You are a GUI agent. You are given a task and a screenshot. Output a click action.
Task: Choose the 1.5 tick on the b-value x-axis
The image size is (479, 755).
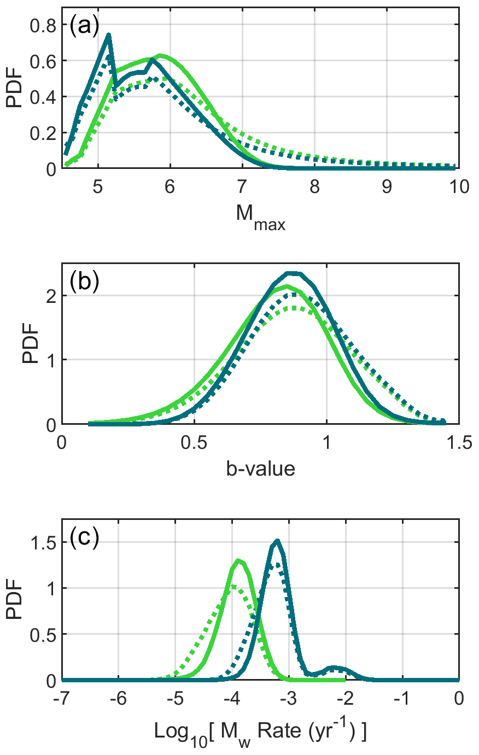point(458,441)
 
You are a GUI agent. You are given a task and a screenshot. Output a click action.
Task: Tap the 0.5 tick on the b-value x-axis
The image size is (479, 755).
point(194,441)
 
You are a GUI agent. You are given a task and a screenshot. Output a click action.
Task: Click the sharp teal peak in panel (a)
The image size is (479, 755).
point(109,35)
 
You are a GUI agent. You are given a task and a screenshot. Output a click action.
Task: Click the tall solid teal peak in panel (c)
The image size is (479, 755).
point(277,541)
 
